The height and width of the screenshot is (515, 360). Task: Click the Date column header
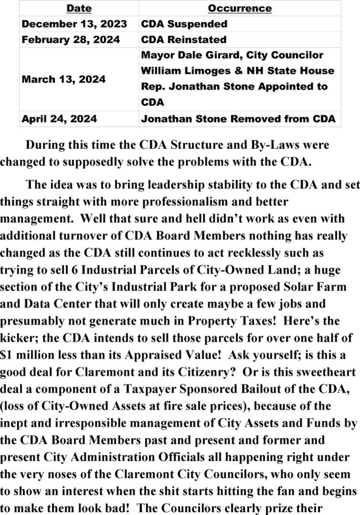click(x=79, y=8)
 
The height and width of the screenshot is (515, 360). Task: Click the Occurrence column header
click(x=239, y=8)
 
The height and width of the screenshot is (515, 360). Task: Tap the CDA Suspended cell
click(x=184, y=24)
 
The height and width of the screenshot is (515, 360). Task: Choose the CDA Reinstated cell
click(x=183, y=40)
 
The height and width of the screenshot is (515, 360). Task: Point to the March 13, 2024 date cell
click(x=63, y=79)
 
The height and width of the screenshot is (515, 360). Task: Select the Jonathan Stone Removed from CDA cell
click(x=238, y=119)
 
